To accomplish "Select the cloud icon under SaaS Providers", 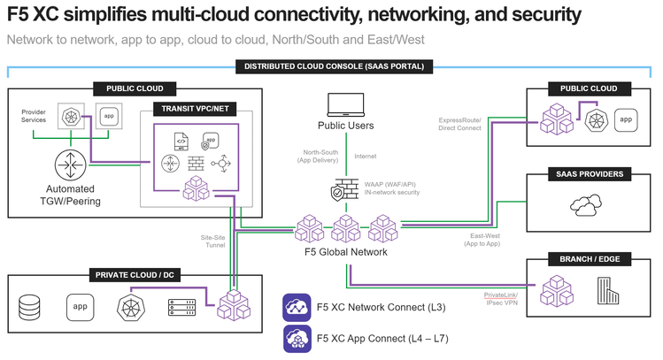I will pyautogui.click(x=585, y=205).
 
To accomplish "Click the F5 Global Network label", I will pyautogui.click(x=346, y=252).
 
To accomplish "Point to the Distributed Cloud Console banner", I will pyautogui.click(x=334, y=65).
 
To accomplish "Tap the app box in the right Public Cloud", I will pyautogui.click(x=626, y=119).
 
